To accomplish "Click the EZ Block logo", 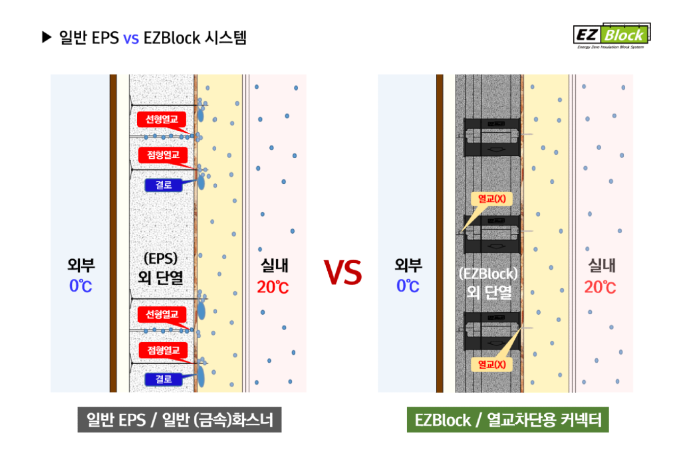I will [611, 35].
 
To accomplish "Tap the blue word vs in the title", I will [131, 38].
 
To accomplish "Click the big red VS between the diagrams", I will [343, 272].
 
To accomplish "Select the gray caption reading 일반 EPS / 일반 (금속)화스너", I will [180, 420].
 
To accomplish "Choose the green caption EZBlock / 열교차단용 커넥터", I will [508, 420].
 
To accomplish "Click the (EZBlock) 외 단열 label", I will [488, 282].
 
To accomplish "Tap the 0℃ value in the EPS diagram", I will [81, 286].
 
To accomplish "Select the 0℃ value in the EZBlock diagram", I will [408, 286].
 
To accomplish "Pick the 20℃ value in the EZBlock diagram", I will [600, 288].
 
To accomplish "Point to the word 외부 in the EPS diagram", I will [81, 266].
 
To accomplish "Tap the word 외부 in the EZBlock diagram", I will [408, 266].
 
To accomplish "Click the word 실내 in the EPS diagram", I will [273, 266].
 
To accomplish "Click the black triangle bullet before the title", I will [47, 38].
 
